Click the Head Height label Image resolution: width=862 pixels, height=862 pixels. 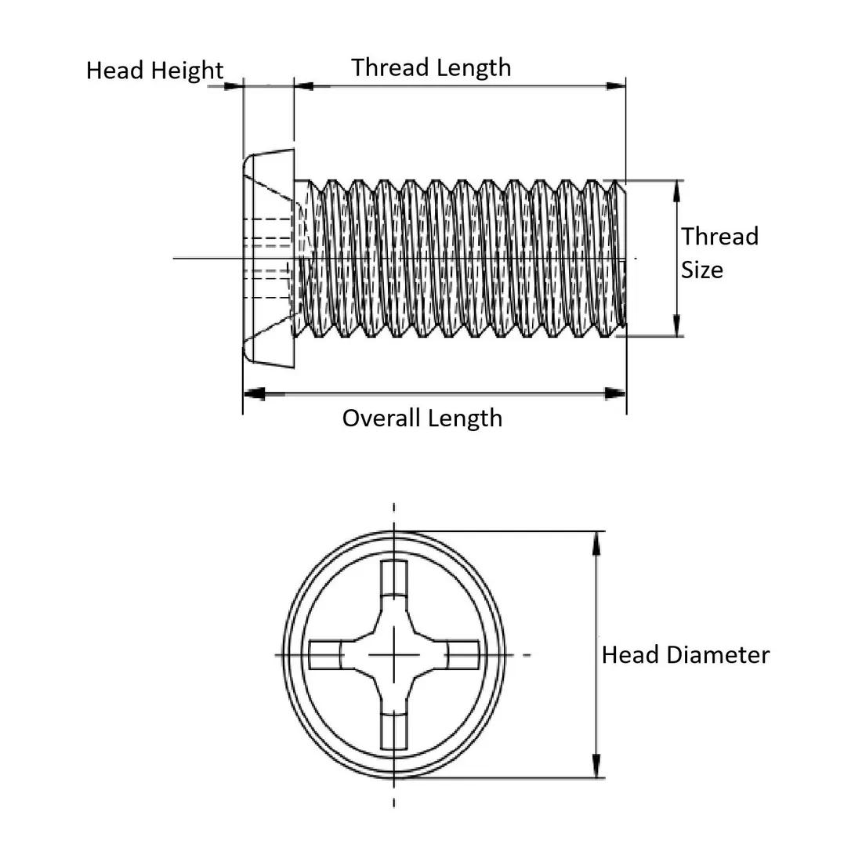tap(154, 71)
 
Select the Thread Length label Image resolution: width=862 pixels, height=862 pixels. tap(431, 67)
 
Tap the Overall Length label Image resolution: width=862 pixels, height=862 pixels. tap(422, 418)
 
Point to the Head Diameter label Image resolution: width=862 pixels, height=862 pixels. tap(685, 655)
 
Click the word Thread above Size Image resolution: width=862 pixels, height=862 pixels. tap(719, 237)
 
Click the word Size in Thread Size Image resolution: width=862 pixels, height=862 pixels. tap(701, 270)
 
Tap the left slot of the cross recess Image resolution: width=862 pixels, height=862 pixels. tap(324, 654)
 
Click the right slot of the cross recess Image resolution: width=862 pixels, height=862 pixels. tap(462, 654)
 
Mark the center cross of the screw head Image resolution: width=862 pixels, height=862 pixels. tap(393, 654)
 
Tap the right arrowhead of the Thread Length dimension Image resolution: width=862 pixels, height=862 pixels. tap(616, 85)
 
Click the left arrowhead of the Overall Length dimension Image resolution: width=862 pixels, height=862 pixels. tap(255, 393)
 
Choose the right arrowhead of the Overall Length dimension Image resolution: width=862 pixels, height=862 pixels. tap(616, 393)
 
